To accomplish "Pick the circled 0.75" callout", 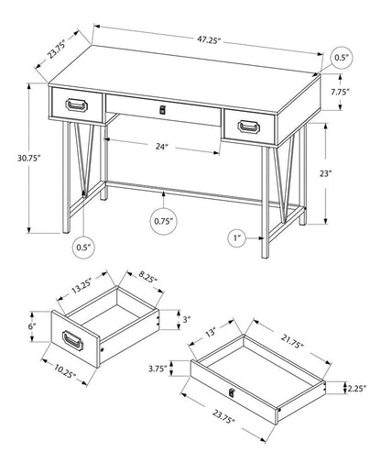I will (165, 220).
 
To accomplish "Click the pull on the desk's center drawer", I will (165, 110).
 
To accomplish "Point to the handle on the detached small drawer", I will (74, 343).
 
